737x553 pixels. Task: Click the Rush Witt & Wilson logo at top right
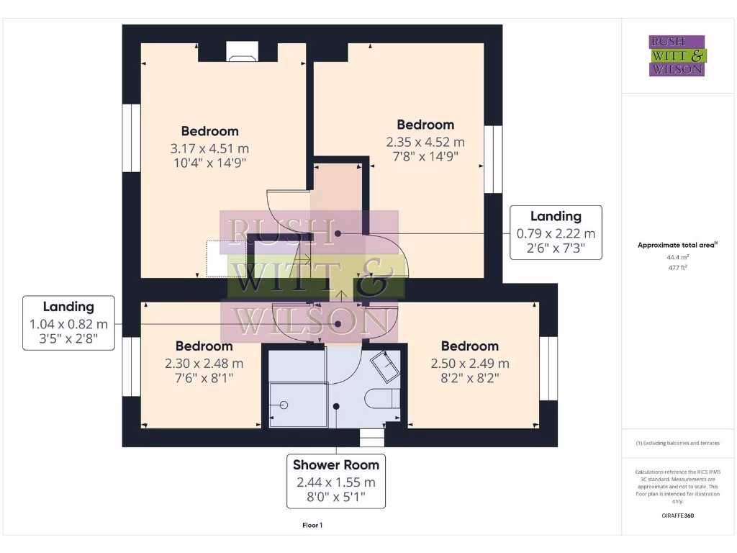[677, 55]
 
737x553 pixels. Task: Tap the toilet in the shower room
[381, 397]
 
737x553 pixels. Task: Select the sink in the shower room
[384, 367]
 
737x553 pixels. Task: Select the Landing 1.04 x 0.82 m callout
[68, 323]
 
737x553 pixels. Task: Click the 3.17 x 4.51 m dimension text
[209, 148]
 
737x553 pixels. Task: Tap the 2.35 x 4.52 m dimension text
[425, 142]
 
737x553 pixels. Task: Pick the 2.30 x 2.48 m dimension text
[204, 364]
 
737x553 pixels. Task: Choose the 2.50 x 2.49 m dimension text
[469, 364]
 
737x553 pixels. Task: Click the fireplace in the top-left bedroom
[238, 52]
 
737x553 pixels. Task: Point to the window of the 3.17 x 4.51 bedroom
[131, 138]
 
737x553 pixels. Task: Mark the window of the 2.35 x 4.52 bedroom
[493, 159]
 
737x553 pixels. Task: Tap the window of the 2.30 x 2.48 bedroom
[131, 366]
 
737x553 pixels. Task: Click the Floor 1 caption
[312, 526]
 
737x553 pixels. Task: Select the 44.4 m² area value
[677, 256]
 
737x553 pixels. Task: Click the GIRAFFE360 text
[677, 516]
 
